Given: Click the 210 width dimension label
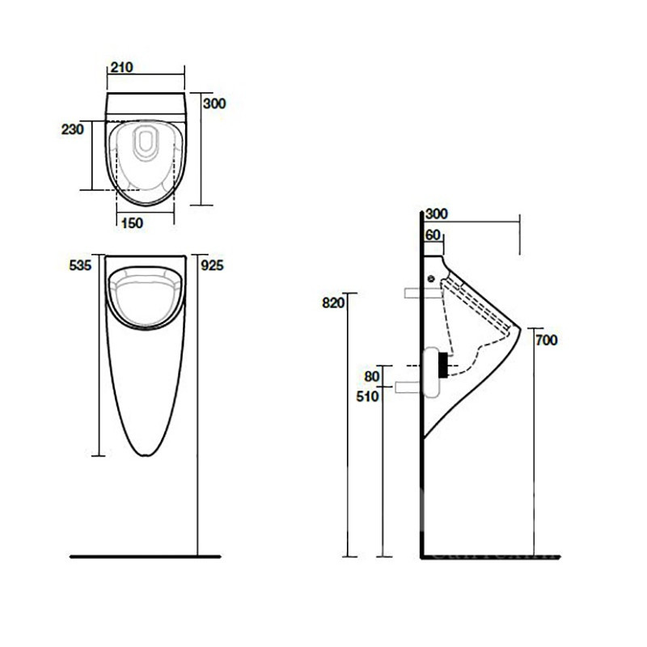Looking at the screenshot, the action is point(122,67).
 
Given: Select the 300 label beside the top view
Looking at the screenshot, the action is point(214,104).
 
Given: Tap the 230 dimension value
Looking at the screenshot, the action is point(73,129).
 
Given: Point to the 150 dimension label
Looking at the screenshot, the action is point(132,223).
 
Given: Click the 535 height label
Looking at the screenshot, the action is point(80,265).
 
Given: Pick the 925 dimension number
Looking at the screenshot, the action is point(212,265).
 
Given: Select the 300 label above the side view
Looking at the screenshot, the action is point(437,214).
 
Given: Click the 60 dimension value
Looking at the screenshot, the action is point(433,235).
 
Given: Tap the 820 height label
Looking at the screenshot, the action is point(333,302).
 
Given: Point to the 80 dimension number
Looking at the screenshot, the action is point(372,376).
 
